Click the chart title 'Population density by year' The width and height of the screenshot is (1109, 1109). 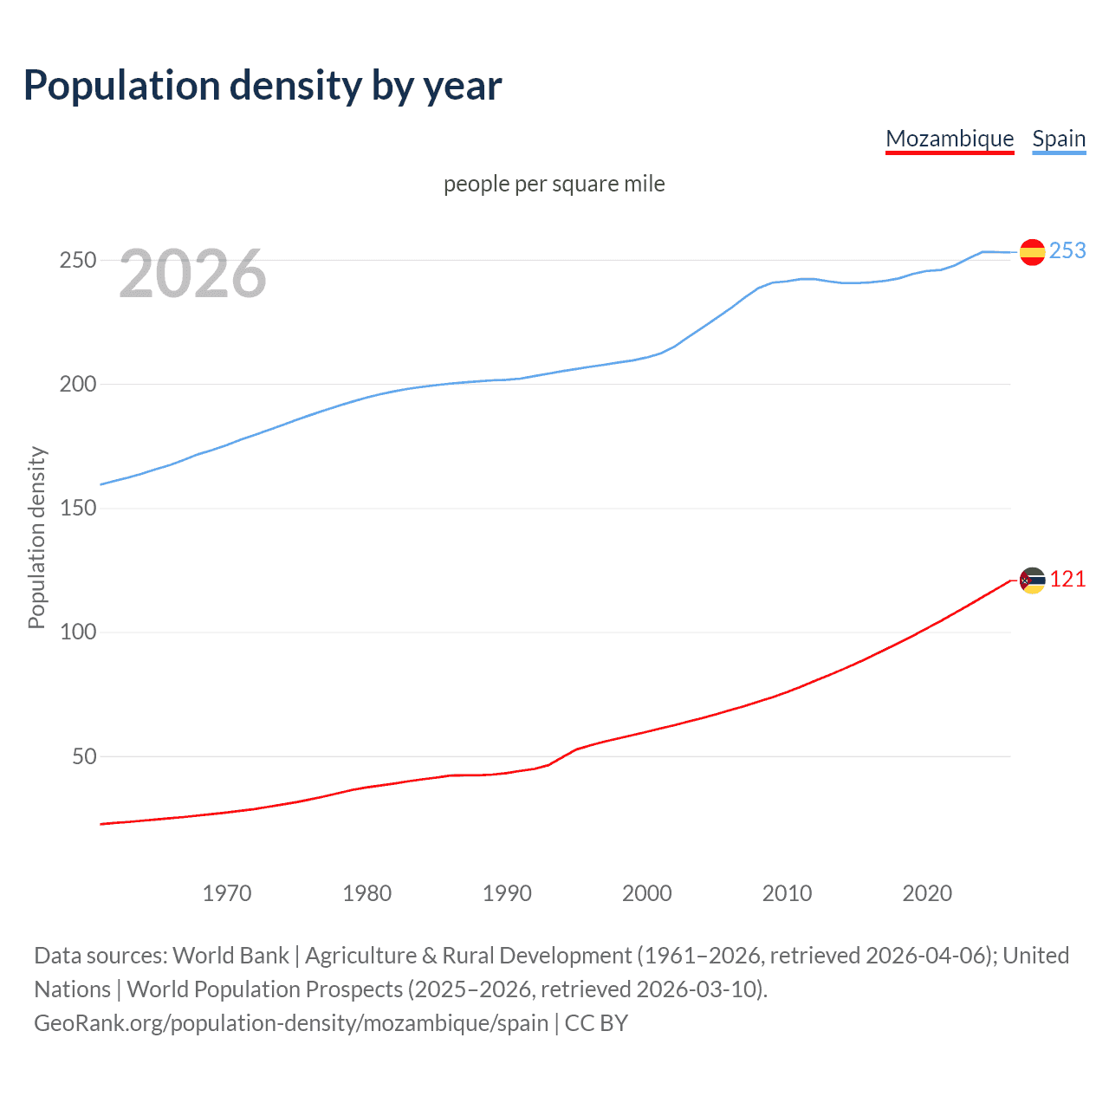pyautogui.click(x=263, y=86)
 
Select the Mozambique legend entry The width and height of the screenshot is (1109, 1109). pyautogui.click(x=950, y=139)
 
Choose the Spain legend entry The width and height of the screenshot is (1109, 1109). pyautogui.click(x=1059, y=139)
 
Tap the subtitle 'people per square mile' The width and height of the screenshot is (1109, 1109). pyautogui.click(x=554, y=184)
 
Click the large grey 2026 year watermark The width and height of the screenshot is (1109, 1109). pyautogui.click(x=192, y=274)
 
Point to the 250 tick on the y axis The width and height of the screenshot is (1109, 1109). pyautogui.click(x=77, y=260)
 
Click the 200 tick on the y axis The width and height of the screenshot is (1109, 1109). pyautogui.click(x=77, y=384)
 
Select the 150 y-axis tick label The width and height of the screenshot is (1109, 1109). pyautogui.click(x=77, y=508)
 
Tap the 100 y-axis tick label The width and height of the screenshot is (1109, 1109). pyautogui.click(x=77, y=632)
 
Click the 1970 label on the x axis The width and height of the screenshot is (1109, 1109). pyautogui.click(x=227, y=893)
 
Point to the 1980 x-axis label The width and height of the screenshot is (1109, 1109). pyautogui.click(x=367, y=893)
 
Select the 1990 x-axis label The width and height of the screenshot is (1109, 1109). pyautogui.click(x=507, y=893)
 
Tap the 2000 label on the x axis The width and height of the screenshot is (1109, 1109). pyautogui.click(x=647, y=893)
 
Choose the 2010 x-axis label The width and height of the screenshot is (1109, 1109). pyautogui.click(x=787, y=893)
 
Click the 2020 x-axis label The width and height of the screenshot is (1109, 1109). pyautogui.click(x=927, y=893)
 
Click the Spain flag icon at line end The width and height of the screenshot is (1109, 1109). pyautogui.click(x=1032, y=252)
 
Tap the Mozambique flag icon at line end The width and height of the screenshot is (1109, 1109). pyautogui.click(x=1032, y=580)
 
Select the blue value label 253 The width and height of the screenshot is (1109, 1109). pyautogui.click(x=1067, y=250)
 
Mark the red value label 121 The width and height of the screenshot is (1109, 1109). pyautogui.click(x=1067, y=580)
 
